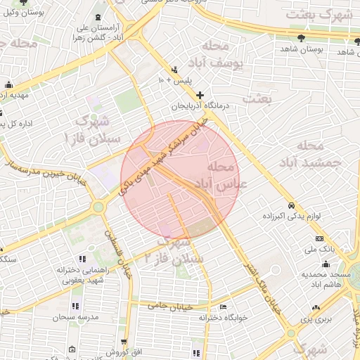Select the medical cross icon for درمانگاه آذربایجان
click(x=200, y=95)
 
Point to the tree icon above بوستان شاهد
click(x=301, y=37)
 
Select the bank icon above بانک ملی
click(x=318, y=239)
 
